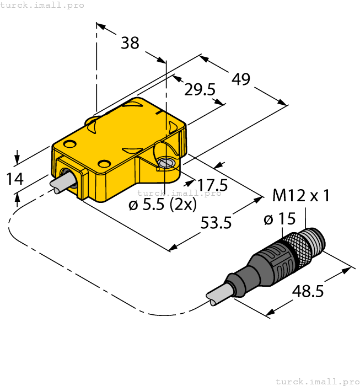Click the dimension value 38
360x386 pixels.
(x=130, y=43)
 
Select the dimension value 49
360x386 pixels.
(x=241, y=79)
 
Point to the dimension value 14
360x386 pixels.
(x=15, y=179)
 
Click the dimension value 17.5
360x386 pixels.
(x=212, y=184)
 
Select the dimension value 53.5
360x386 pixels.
(x=216, y=223)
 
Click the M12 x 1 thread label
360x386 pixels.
(x=301, y=195)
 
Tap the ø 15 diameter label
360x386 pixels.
(x=280, y=219)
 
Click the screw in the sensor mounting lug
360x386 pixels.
(x=165, y=163)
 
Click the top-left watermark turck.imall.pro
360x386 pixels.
(x=42, y=5)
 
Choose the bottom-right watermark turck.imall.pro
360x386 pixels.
(x=316, y=381)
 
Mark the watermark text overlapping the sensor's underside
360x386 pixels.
(x=179, y=193)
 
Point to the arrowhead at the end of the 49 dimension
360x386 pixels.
(x=283, y=103)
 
